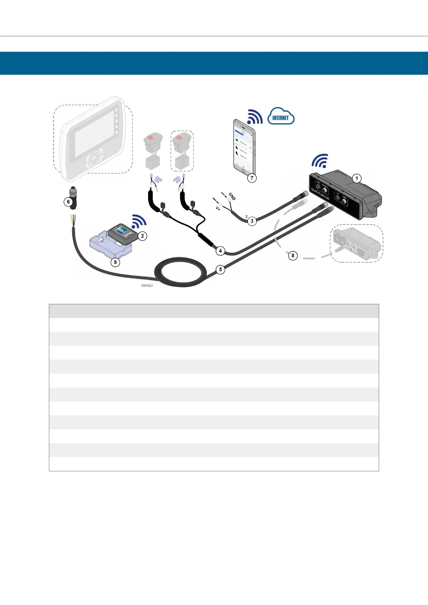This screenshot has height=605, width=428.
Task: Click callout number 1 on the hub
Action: tap(356, 178)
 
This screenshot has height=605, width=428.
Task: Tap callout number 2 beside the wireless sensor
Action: tap(143, 236)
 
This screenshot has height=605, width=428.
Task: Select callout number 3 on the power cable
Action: tap(252, 221)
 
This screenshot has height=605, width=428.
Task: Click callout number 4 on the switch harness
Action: tap(220, 251)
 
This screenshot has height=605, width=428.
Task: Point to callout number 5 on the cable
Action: tap(220, 269)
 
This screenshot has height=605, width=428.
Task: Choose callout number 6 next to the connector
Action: tap(68, 202)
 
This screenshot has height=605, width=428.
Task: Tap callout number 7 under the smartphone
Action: tap(252, 177)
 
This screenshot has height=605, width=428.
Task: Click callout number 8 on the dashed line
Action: tap(293, 255)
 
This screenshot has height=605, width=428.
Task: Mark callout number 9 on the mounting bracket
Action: tap(115, 262)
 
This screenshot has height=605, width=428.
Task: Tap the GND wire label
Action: tap(232, 196)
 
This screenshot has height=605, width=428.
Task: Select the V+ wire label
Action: tap(218, 208)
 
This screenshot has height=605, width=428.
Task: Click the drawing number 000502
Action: tap(147, 286)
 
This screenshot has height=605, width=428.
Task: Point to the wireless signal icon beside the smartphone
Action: tap(255, 116)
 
